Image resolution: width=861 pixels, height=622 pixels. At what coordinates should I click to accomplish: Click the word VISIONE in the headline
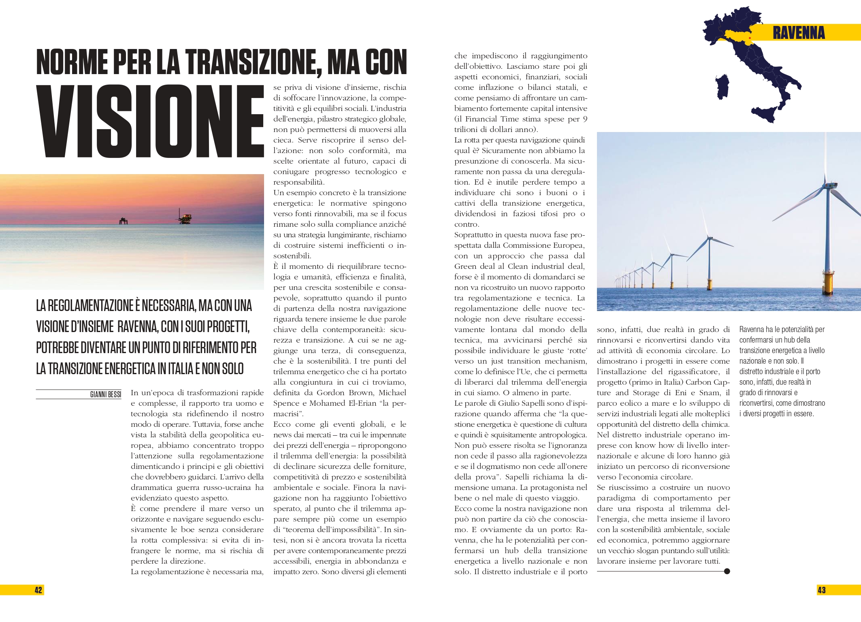pyautogui.click(x=150, y=121)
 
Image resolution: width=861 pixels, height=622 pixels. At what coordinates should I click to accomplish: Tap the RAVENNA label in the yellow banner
pyautogui.click(x=798, y=33)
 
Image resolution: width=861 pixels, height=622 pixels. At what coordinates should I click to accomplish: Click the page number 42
pyautogui.click(x=38, y=590)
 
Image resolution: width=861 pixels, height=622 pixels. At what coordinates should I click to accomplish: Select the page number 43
pyautogui.click(x=821, y=590)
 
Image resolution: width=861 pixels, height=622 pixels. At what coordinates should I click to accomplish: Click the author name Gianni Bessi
pyautogui.click(x=105, y=394)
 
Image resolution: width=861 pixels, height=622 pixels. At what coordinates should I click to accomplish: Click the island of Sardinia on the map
pyautogui.click(x=722, y=87)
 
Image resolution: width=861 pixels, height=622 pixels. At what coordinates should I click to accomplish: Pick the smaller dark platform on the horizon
pyautogui.click(x=123, y=221)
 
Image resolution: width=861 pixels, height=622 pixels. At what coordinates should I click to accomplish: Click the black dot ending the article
pyautogui.click(x=727, y=571)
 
